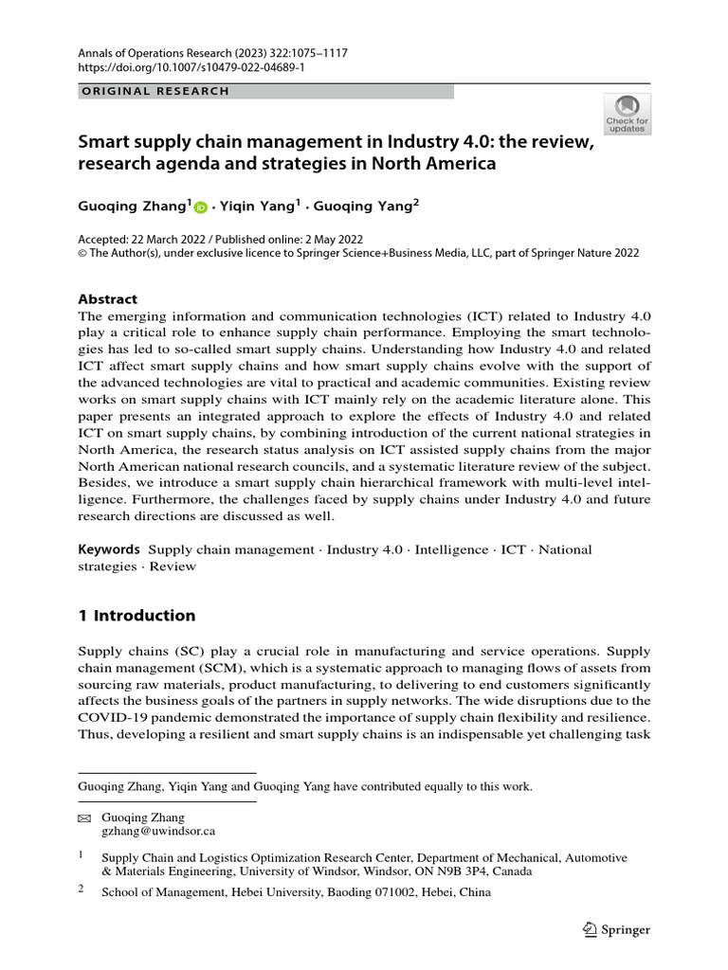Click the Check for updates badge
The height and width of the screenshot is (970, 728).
coord(628,114)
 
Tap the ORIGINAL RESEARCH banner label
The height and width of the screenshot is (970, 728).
coord(151,91)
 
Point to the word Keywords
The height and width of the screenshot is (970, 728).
coord(109,549)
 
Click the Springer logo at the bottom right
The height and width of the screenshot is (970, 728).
coord(616,929)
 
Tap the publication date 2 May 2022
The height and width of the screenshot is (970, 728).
coord(331,240)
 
